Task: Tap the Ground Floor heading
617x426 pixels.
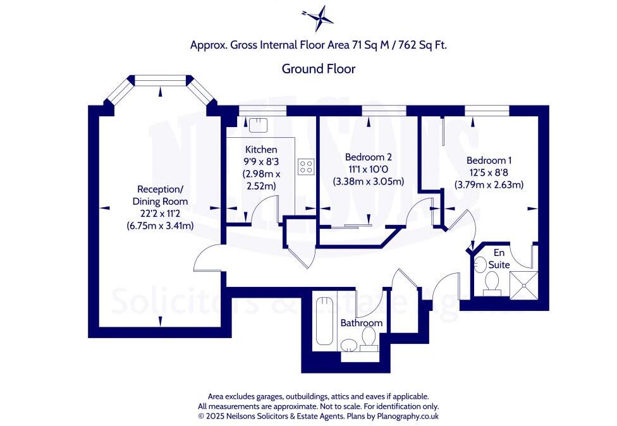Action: [x=318, y=69]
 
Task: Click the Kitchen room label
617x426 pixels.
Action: [x=260, y=150]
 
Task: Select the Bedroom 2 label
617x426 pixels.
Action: [x=369, y=157]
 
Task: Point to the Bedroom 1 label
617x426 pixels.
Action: [x=489, y=161]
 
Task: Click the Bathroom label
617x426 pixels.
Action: [x=362, y=323]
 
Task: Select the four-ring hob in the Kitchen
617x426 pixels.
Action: [x=307, y=166]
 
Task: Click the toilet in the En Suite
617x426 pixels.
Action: [x=492, y=282]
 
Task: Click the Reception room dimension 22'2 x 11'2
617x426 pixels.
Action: [x=162, y=214]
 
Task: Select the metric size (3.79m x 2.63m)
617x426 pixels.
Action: [x=489, y=185]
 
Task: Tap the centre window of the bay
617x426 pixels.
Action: [x=161, y=79]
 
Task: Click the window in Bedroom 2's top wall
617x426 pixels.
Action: [x=376, y=110]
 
